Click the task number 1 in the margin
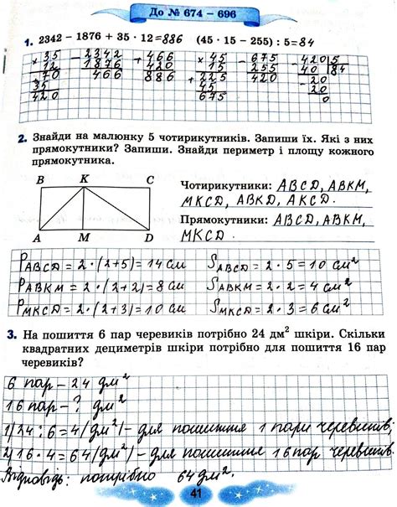(28, 40)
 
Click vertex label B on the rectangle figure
(39, 178)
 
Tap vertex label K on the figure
(84, 178)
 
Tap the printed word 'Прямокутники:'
(219, 220)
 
